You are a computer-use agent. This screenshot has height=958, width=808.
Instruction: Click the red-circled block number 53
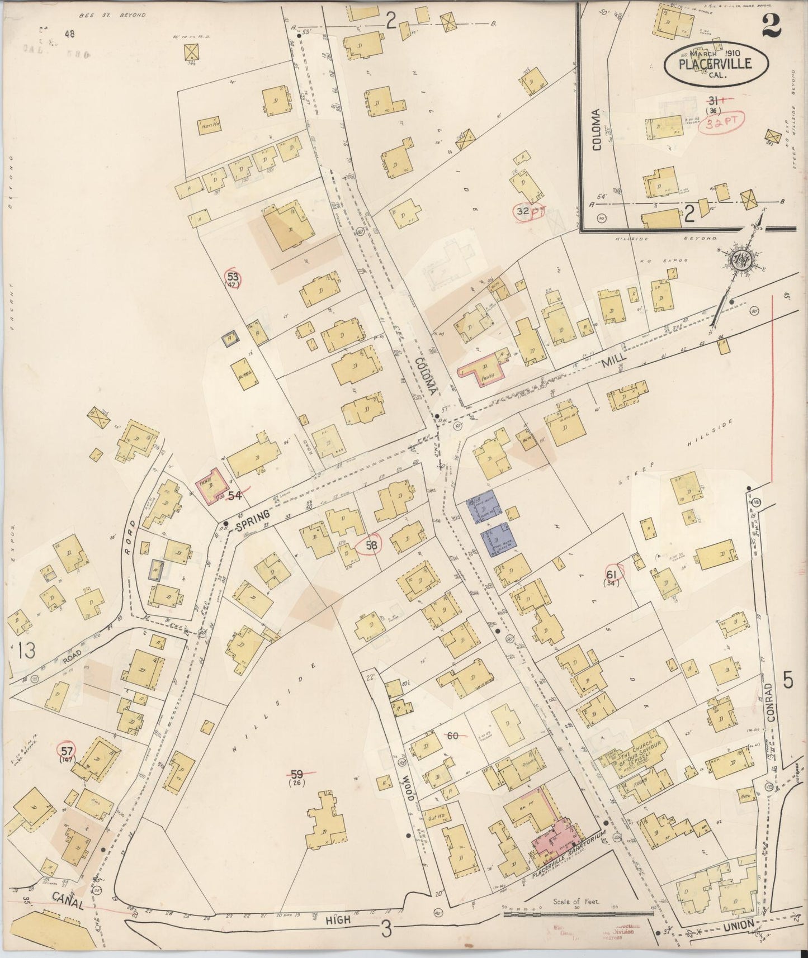pos(232,276)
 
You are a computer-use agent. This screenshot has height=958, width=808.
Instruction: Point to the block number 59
pos(297,774)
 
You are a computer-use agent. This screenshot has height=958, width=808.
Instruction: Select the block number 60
pos(452,736)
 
